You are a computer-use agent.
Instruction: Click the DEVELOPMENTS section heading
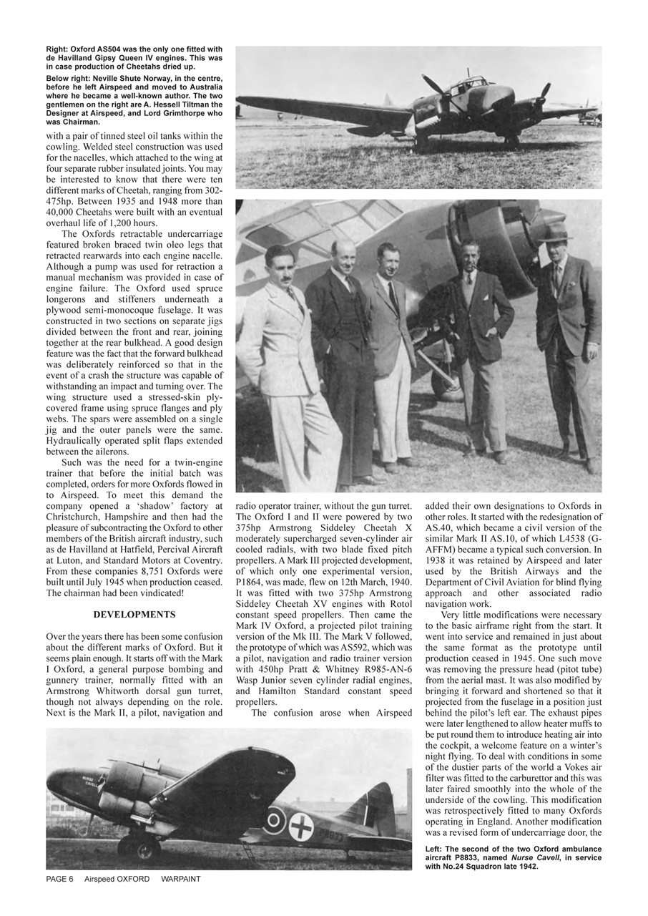[134, 614]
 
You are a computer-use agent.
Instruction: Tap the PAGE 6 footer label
[59, 879]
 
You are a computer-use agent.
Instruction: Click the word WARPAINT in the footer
[181, 879]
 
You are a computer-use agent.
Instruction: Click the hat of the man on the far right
[555, 233]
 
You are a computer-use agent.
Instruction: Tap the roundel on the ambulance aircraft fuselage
[274, 820]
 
